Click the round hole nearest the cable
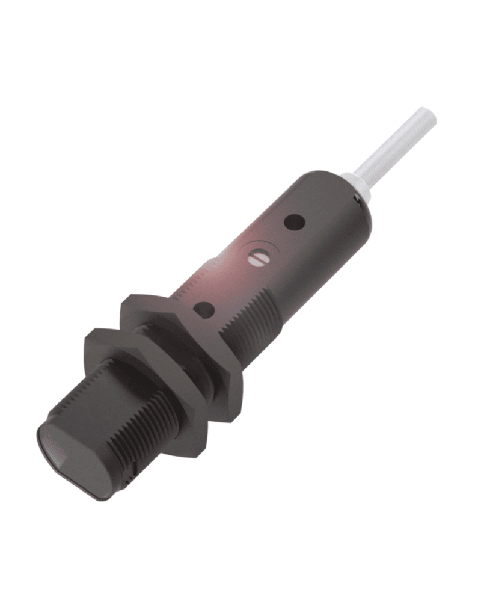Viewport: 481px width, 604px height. point(295,223)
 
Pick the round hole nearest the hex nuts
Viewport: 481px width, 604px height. point(204,310)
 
